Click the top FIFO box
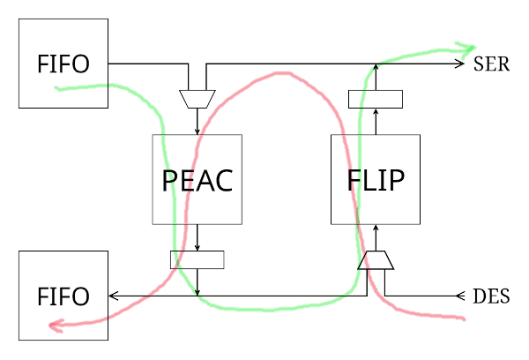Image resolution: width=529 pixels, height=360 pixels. pos(63,64)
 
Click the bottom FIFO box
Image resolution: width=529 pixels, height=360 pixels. pos(63,295)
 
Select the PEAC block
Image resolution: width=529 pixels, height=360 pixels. pos(197,179)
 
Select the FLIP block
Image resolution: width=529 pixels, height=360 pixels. pos(376,179)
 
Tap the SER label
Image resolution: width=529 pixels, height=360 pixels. pos(491,64)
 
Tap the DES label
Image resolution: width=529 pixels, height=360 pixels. pos(491,296)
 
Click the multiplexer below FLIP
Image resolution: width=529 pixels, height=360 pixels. pos(376,260)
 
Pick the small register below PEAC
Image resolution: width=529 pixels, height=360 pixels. pos(197,259)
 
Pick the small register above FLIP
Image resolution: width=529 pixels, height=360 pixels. pos(376,98)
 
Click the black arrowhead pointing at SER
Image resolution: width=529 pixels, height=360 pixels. pos(459,64)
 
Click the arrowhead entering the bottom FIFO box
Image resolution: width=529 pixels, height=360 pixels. pos(113,295)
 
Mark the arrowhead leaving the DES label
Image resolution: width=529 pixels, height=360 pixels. pos(458,295)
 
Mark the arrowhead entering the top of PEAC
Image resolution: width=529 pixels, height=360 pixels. pos(197,131)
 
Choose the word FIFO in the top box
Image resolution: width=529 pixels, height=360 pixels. pos(63,64)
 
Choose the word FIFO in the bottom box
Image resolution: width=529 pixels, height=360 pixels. pos(63,296)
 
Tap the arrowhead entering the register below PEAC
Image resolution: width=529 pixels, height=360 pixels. pos(197,248)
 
